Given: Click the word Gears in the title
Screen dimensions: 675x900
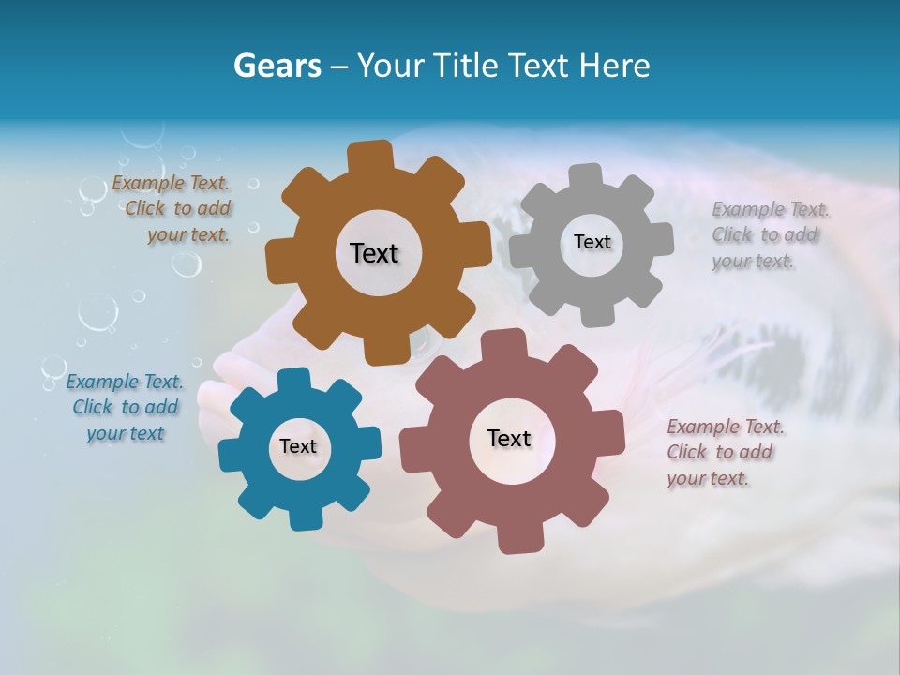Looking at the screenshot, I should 277,66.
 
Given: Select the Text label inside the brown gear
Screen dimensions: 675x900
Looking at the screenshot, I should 374,253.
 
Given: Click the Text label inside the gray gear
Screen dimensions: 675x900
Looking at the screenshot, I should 592,242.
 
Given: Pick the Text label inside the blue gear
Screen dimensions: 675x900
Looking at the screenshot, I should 298,446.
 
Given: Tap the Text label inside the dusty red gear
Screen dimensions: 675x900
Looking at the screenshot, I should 509,438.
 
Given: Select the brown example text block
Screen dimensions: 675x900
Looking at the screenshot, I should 174,209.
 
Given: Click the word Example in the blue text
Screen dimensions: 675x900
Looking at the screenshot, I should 101,382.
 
